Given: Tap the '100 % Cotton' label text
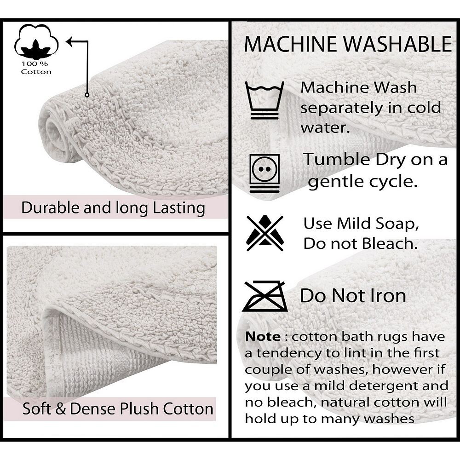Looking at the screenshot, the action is [x=36, y=68].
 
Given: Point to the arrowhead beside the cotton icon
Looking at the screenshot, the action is [x=69, y=42].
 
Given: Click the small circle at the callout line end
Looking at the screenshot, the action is [x=87, y=95].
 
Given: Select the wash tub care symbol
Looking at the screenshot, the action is [x=264, y=100].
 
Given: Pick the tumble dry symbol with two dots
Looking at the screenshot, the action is [x=264, y=173].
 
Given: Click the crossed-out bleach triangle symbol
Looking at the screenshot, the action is [x=265, y=233].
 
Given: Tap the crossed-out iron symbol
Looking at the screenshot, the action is [x=265, y=296].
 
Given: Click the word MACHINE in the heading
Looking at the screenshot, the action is [x=291, y=44].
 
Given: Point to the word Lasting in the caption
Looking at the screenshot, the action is [x=179, y=208].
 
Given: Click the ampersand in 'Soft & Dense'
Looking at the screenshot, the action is [x=60, y=409].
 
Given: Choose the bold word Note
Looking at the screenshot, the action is [x=263, y=337].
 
